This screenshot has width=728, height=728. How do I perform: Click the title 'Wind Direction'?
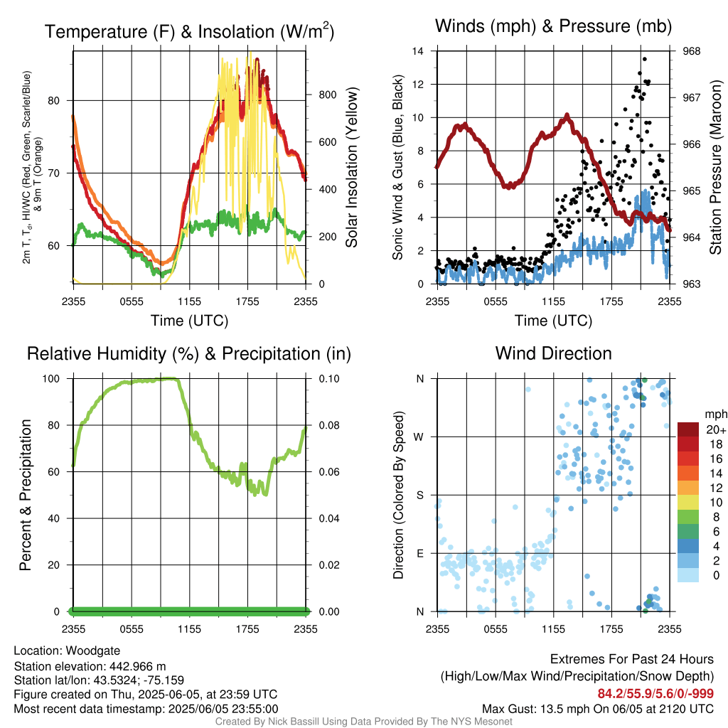click(553, 353)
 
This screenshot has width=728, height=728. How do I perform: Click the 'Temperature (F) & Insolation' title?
click(189, 32)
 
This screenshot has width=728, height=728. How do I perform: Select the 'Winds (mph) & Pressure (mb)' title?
click(553, 27)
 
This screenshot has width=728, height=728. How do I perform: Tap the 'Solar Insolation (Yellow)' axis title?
click(351, 168)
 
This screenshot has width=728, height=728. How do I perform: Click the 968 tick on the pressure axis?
click(692, 51)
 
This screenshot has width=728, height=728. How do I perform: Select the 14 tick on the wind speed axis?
click(419, 51)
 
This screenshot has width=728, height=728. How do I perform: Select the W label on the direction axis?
click(419, 437)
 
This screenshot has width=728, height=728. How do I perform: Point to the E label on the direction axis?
click(420, 553)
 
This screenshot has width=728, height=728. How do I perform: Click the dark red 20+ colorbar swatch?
click(687, 429)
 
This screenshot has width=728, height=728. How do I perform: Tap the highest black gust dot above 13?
click(644, 60)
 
